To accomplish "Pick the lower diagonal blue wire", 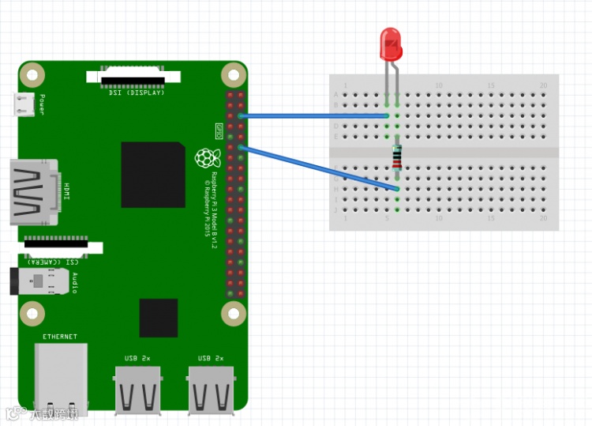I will click(x=316, y=167).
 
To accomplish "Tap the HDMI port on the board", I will click(x=31, y=192).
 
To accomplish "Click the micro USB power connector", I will click(x=23, y=104).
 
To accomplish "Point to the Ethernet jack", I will click(x=60, y=379).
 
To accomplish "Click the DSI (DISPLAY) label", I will click(x=137, y=93).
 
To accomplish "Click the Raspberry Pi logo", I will click(x=207, y=157).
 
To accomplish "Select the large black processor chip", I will click(x=152, y=175).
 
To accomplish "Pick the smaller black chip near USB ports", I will click(x=159, y=318).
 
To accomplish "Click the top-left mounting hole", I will click(x=32, y=76).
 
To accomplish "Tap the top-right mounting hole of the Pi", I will click(x=233, y=76).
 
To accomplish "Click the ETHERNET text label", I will click(x=60, y=337).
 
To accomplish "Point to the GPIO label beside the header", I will click(x=219, y=128).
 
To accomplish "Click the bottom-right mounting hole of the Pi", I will click(x=233, y=315).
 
